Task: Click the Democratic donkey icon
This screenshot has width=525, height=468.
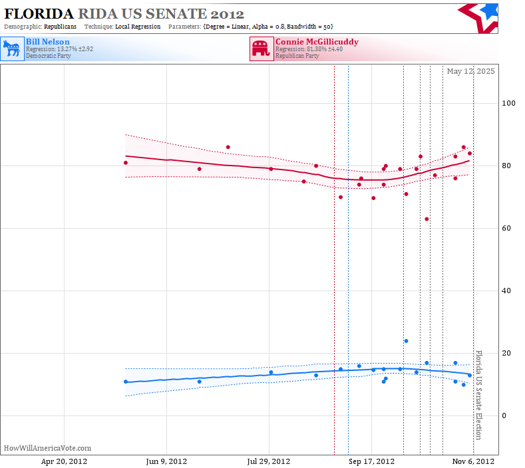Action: [x=13, y=49]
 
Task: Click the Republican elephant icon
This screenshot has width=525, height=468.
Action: [x=262, y=49]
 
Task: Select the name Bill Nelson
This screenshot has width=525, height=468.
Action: [x=48, y=42]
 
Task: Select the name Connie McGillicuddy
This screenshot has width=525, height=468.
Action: [x=317, y=42]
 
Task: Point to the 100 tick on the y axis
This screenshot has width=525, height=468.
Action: [x=508, y=103]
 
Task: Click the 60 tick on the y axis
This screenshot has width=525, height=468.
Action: [x=506, y=228]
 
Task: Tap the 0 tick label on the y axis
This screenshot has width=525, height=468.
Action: [x=504, y=415]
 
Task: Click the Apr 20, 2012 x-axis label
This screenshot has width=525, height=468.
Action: [x=64, y=461]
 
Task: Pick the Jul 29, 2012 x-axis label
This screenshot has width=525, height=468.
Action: [x=269, y=461]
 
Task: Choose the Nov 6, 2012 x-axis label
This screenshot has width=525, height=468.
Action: [x=473, y=461]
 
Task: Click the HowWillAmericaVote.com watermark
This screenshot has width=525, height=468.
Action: [x=47, y=448]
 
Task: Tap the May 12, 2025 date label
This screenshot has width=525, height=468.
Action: [x=470, y=71]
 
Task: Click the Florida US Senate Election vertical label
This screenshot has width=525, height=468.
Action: [x=479, y=395]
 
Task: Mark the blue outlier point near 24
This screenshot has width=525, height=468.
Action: [x=406, y=341]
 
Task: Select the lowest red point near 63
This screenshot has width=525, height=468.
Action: [x=427, y=219]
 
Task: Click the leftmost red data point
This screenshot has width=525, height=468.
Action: [x=126, y=163]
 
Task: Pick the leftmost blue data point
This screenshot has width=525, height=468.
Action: [x=126, y=382]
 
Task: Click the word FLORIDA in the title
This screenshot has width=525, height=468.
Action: [x=39, y=14]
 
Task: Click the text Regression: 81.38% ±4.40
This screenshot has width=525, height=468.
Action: [x=309, y=49]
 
